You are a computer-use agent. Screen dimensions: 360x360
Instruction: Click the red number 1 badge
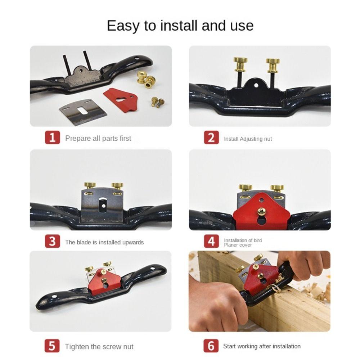pos(52,138)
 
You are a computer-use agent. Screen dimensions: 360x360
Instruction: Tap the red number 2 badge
pos(211,138)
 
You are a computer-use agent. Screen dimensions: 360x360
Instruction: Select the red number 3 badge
pos(52,241)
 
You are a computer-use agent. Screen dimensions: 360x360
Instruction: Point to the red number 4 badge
pos(211,241)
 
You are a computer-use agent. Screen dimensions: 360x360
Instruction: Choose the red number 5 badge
pos(52,346)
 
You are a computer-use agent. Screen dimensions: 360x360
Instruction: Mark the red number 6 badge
pos(211,346)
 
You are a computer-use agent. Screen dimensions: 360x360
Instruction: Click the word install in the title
pos(179,26)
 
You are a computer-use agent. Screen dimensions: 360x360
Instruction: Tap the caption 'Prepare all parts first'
pos(98,138)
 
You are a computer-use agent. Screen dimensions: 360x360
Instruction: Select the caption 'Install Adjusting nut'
pos(248,139)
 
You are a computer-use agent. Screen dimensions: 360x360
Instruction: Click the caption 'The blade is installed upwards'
pos(104,242)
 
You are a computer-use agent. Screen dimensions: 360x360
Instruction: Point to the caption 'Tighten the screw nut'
pos(99,347)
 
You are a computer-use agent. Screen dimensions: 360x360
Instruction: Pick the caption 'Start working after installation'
pos(262,346)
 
